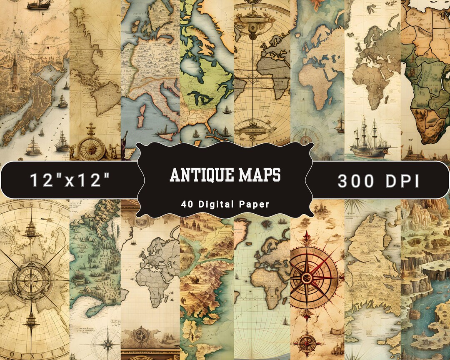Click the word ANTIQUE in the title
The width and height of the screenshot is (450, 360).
(202, 175)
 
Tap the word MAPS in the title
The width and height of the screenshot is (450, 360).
(260, 175)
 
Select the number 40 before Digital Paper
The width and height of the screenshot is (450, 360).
(186, 205)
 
